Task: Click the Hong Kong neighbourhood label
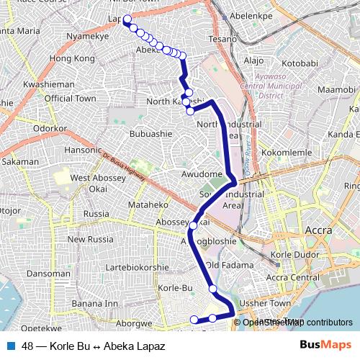pos(73,58)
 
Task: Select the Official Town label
pos(70,98)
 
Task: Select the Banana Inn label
pos(94,303)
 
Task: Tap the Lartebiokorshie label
pos(131,267)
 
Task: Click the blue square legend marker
pos(11,344)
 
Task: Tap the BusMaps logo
pos(320,344)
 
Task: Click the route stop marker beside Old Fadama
pos(213,289)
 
